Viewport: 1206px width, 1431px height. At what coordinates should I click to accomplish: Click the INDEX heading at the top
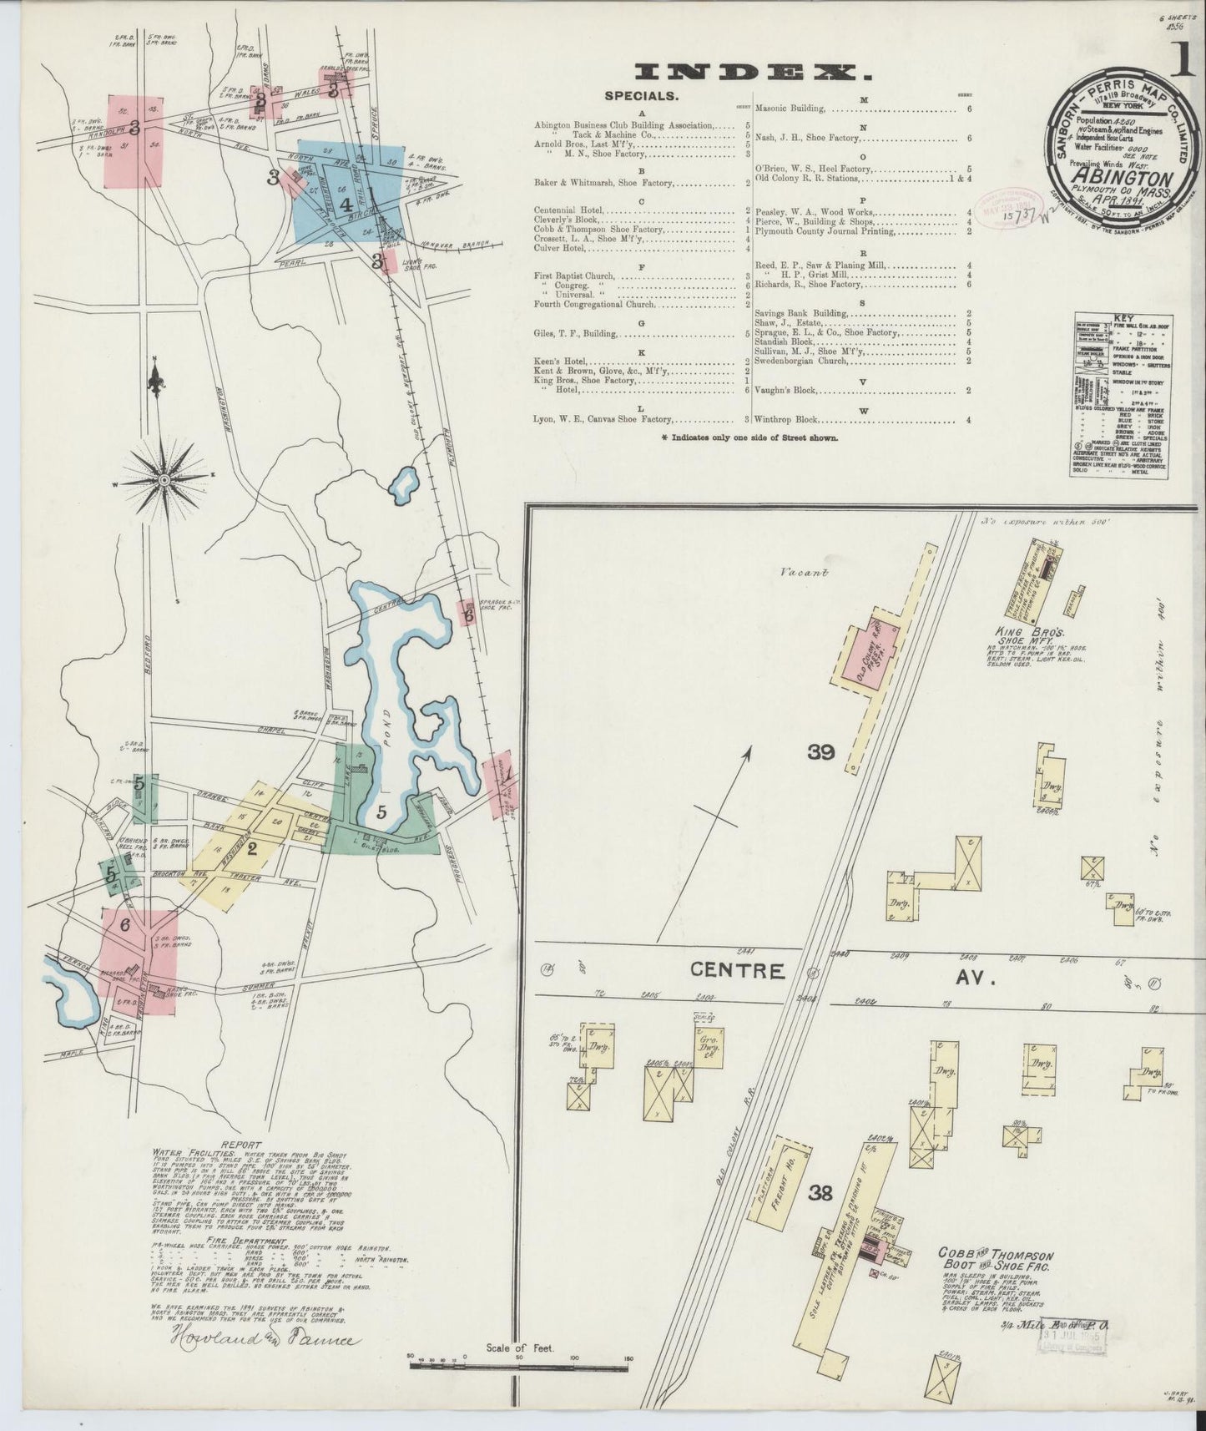[x=753, y=73]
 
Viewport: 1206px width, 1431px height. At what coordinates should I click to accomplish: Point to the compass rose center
[x=164, y=479]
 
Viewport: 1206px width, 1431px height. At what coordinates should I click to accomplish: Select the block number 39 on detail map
[x=821, y=752]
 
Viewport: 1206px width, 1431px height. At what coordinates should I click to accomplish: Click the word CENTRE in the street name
[x=737, y=971]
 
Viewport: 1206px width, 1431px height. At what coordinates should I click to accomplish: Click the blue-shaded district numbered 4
[x=345, y=202]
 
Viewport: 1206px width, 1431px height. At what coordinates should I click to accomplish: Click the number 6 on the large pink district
[x=125, y=925]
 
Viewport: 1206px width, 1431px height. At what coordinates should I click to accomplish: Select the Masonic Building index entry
[x=790, y=109]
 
